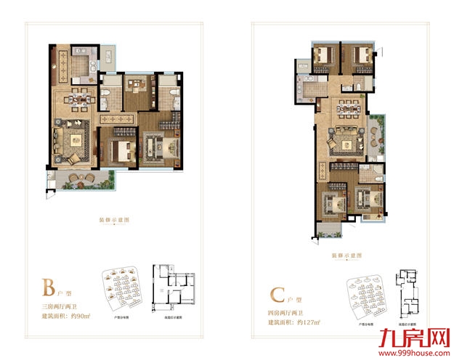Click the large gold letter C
pos(277,293)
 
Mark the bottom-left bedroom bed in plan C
pos(333,199)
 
